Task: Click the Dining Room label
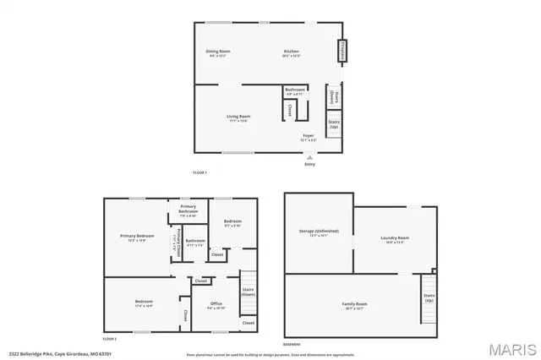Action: (218, 52)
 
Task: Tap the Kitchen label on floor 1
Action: (291, 52)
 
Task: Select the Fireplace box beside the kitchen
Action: (343, 52)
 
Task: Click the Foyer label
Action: (309, 135)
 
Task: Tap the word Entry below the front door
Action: (309, 163)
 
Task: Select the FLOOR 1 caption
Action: (200, 172)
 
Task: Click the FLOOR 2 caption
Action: (108, 338)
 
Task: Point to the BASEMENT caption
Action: (292, 345)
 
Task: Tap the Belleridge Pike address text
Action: (49, 354)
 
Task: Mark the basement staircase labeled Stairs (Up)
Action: (429, 297)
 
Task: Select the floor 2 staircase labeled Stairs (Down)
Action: (249, 292)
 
